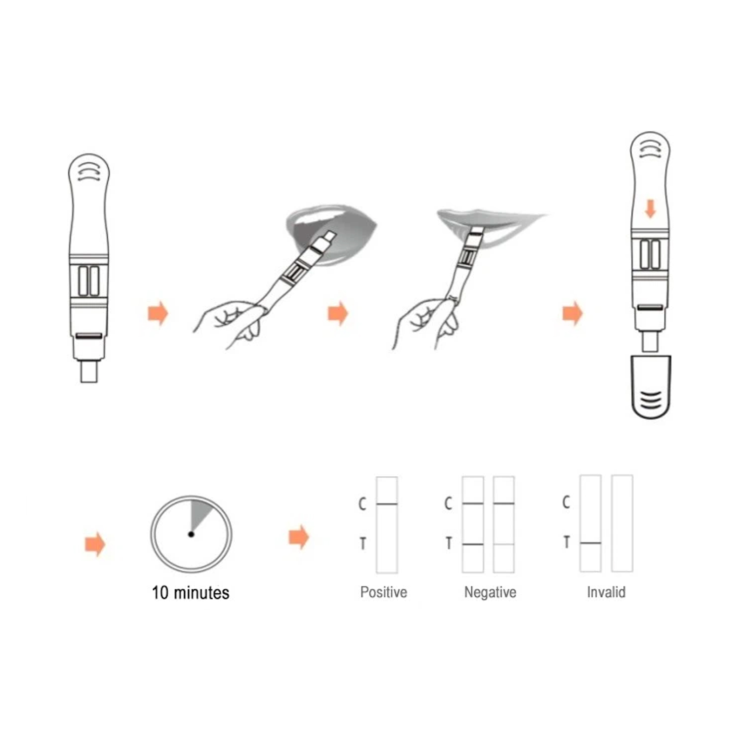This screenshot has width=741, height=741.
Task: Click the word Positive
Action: point(383,592)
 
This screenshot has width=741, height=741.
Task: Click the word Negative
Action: point(490,592)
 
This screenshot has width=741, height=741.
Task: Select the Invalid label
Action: point(606,592)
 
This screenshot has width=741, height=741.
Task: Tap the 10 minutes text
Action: point(191,592)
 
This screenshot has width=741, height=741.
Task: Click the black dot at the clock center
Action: point(191,534)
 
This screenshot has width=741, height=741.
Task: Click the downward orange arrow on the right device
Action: point(651,208)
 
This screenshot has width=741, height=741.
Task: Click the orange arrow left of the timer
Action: point(95,544)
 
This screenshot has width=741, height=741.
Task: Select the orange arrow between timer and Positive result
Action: point(299,537)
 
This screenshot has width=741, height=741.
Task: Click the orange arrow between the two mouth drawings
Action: point(338,313)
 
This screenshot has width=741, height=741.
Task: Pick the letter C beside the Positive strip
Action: point(363,504)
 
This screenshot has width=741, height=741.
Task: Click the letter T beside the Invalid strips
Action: point(567,542)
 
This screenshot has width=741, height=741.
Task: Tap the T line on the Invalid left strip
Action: point(590,543)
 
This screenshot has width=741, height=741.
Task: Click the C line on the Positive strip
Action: point(387,504)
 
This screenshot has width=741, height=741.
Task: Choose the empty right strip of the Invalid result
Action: point(622,524)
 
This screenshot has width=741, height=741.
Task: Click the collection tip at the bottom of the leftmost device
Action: point(89,371)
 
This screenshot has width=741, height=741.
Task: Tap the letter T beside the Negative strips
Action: point(449,543)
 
